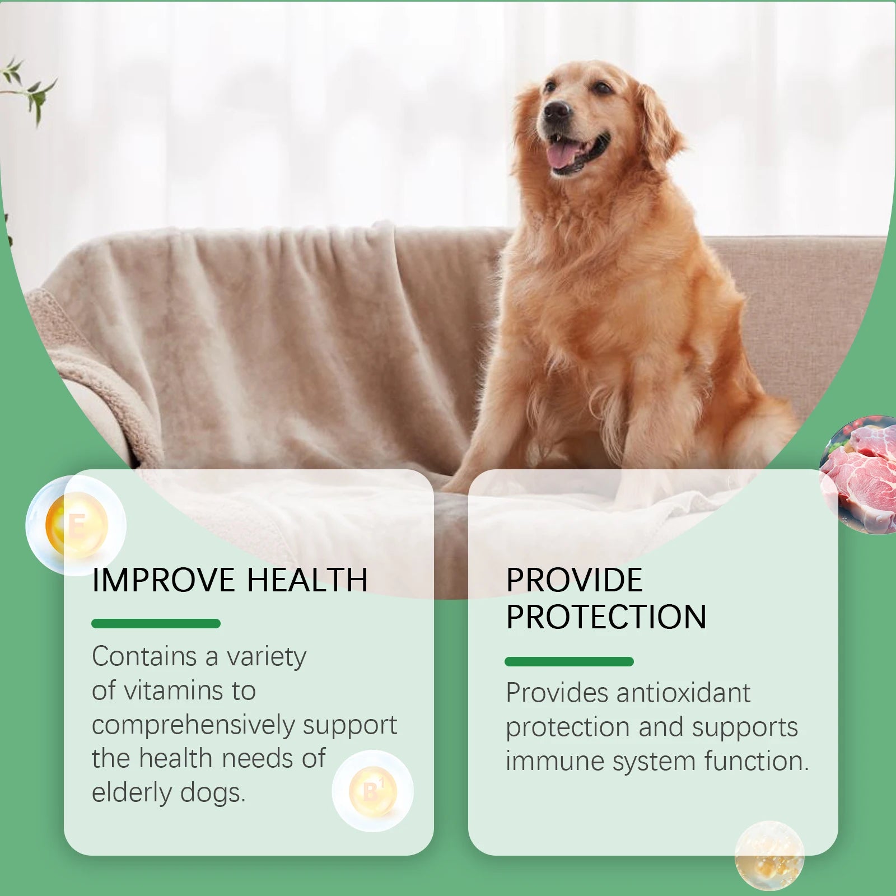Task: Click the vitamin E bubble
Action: pos(76,525)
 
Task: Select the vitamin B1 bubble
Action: pos(372,791)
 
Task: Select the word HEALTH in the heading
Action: pos(307,580)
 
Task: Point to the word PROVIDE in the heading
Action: pos(574,580)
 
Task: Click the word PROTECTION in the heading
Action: pos(606,617)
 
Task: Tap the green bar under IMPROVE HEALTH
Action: pos(156,623)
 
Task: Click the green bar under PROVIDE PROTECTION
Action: pos(569,661)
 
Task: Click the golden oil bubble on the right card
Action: pos(769,855)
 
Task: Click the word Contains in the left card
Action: pos(144,656)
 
